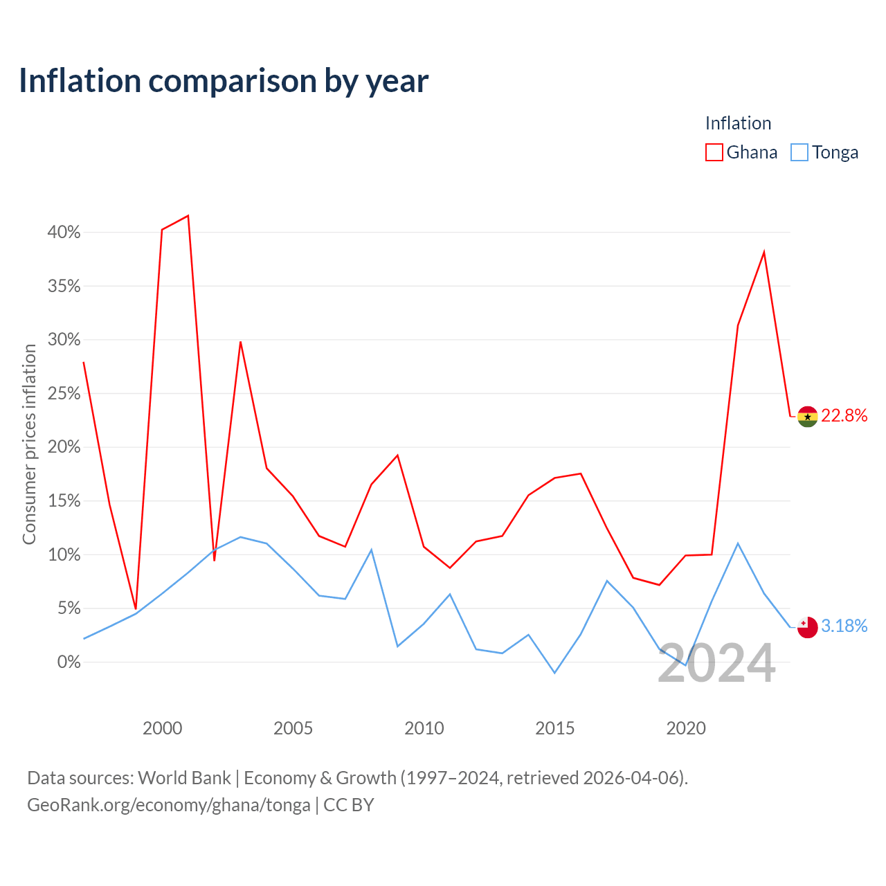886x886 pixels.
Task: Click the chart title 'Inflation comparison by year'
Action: (x=224, y=81)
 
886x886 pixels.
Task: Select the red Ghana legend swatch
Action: (x=714, y=152)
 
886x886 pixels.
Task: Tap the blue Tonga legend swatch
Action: (x=799, y=152)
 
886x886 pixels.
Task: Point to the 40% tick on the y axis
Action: (x=64, y=232)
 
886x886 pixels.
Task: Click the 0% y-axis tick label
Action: (x=69, y=662)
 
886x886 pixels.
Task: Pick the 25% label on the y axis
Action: (x=64, y=394)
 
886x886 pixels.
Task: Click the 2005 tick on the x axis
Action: (x=293, y=728)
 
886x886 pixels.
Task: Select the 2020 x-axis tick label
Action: (x=685, y=728)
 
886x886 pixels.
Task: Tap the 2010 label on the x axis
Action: (x=424, y=728)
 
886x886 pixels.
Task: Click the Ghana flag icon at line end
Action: (x=807, y=417)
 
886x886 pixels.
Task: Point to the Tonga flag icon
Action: (x=807, y=627)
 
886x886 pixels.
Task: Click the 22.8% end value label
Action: (x=844, y=415)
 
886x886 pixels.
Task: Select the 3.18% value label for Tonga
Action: (x=844, y=626)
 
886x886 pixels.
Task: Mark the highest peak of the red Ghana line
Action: (x=188, y=216)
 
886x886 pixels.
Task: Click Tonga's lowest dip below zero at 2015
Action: (x=554, y=673)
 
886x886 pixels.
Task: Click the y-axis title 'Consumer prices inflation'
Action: (x=29, y=444)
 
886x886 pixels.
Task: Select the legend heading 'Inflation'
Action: (x=738, y=123)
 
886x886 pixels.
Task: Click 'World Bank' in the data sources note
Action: (x=184, y=778)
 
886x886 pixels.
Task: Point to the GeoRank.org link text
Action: (x=169, y=805)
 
